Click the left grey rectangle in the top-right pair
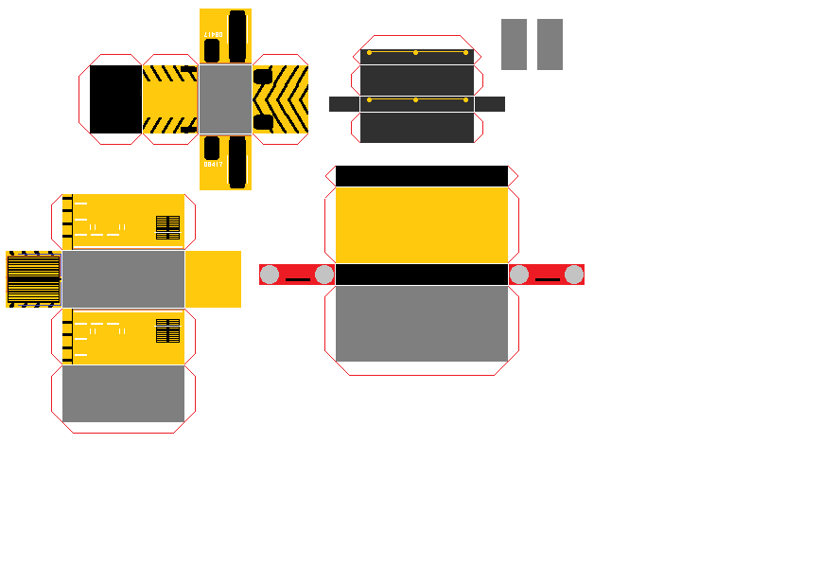click(x=514, y=44)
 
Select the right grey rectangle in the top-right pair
click(x=550, y=44)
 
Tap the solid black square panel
click(x=115, y=98)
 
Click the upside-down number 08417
click(x=213, y=34)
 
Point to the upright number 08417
click(x=213, y=164)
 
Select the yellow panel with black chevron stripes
click(x=281, y=98)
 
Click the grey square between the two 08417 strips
click(x=225, y=98)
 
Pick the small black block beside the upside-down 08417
click(x=212, y=50)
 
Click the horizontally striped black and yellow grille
click(x=33, y=279)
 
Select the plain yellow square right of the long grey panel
click(x=213, y=279)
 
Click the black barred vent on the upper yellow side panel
click(x=167, y=227)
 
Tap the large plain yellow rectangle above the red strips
click(x=422, y=224)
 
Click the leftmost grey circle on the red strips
click(x=270, y=275)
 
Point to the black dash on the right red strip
click(x=547, y=279)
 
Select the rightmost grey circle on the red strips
click(x=574, y=275)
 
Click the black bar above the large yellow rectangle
click(x=422, y=176)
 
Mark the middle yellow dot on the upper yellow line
click(x=415, y=52)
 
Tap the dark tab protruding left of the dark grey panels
click(x=343, y=104)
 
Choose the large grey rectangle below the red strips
click(x=422, y=324)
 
